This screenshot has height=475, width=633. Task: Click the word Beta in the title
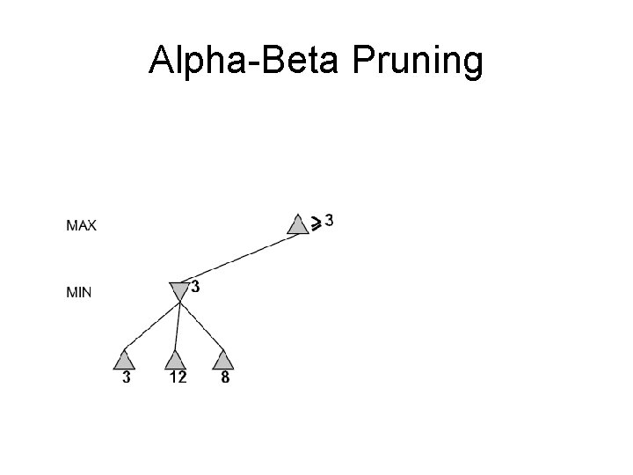(294, 62)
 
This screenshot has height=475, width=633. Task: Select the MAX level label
(82, 225)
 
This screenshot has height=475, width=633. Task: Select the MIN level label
(79, 292)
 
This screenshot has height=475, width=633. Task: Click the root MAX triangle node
(297, 226)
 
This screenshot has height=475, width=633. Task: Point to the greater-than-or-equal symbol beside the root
(315, 223)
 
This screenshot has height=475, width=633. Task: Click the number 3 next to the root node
(329, 220)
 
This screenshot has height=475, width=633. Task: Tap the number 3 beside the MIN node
(194, 287)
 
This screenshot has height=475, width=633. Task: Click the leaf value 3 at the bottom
(127, 378)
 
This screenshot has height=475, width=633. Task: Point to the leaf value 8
(225, 378)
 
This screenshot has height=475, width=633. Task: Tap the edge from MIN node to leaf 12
(178, 325)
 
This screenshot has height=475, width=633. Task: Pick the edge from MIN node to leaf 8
(201, 325)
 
